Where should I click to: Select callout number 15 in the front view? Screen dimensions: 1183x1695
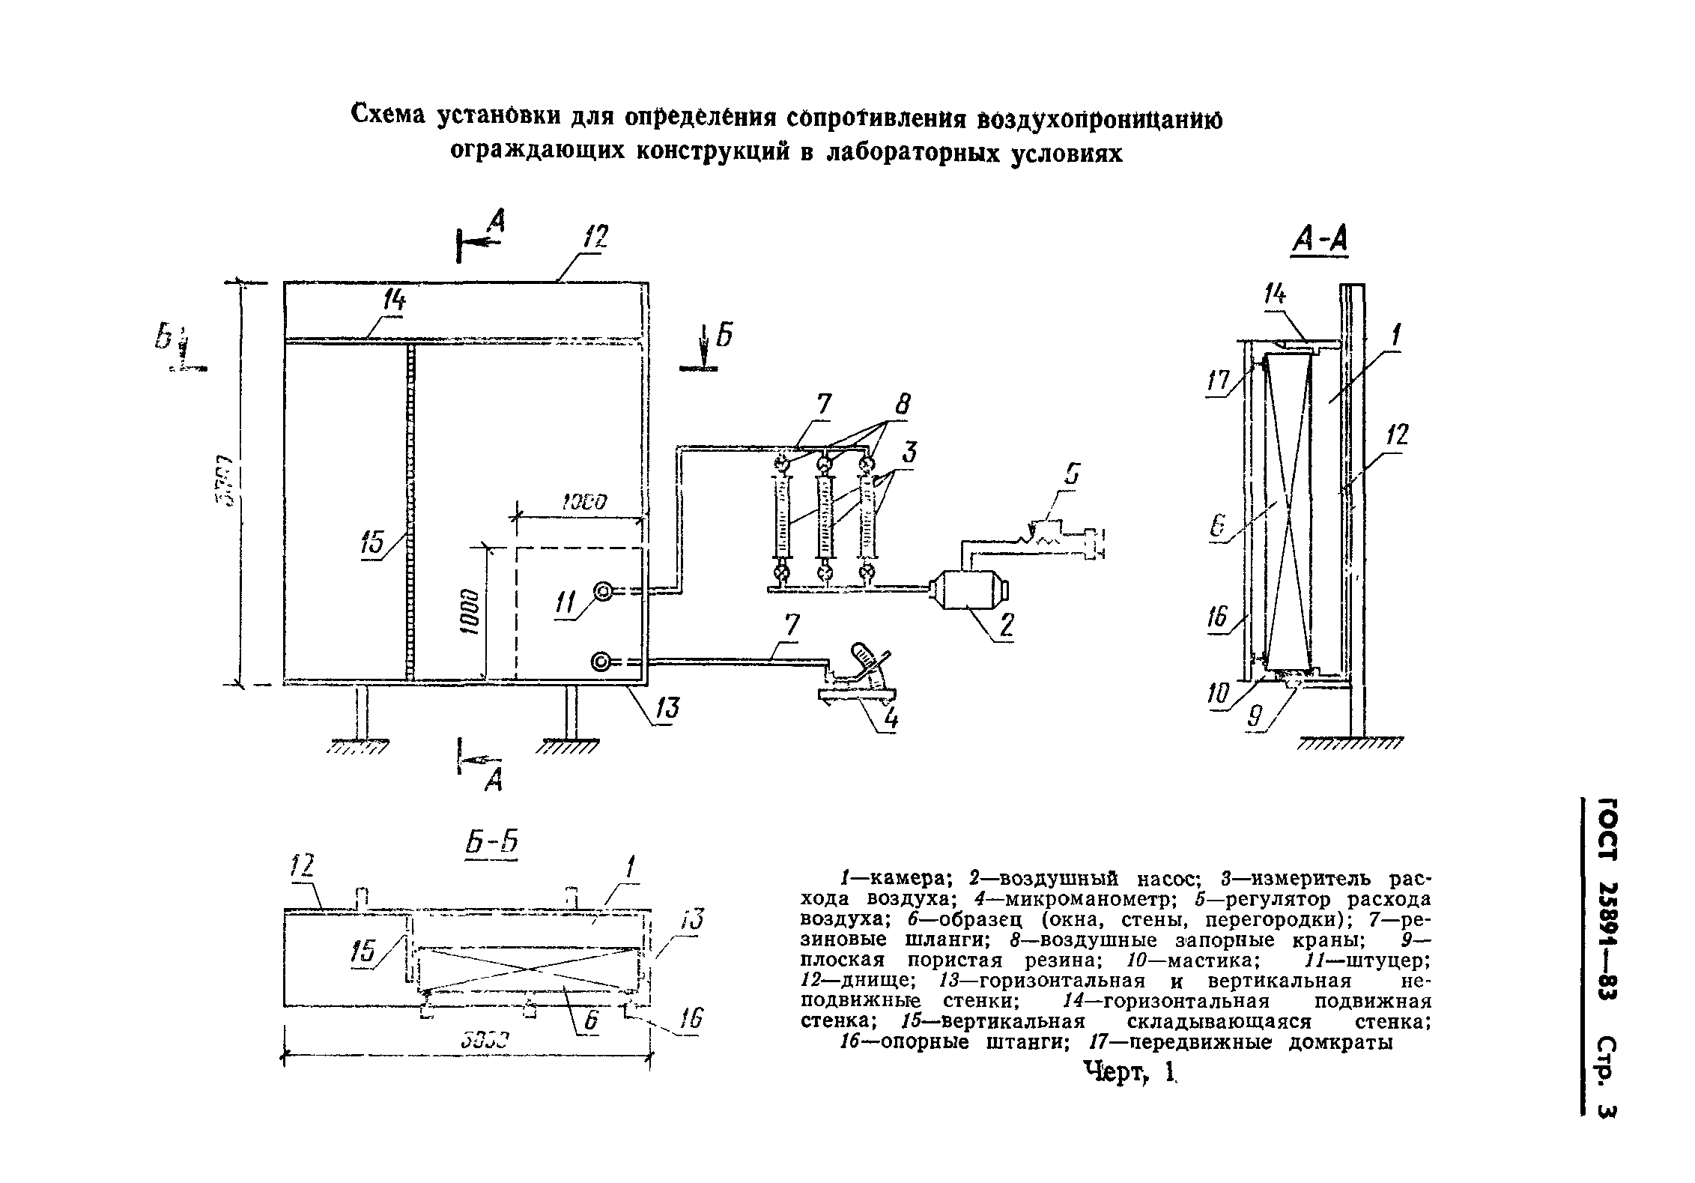[x=372, y=543]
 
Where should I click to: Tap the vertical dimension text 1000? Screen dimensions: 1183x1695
[x=469, y=612]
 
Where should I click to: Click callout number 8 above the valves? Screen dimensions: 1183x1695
[x=903, y=405]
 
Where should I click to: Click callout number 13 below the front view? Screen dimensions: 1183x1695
[x=666, y=708]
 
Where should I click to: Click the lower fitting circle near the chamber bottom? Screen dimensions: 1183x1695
[x=601, y=662]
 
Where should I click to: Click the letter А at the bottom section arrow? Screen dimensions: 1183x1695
[x=493, y=781]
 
